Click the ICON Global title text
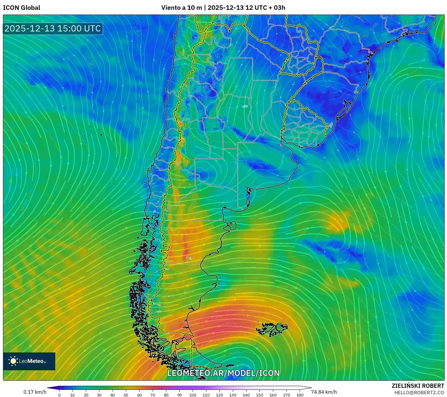(x=21, y=8)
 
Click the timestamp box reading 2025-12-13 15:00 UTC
(x=53, y=29)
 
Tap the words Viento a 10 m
(x=181, y=8)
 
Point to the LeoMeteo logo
(x=29, y=361)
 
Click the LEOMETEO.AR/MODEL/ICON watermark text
(x=223, y=373)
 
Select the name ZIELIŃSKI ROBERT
(x=418, y=386)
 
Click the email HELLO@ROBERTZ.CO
(x=419, y=393)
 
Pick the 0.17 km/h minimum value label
(x=35, y=392)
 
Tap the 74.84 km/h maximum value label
(x=324, y=392)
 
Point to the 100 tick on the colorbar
(x=193, y=395)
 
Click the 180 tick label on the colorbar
(x=300, y=395)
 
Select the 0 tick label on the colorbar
(x=59, y=395)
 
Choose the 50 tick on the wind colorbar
(x=126, y=395)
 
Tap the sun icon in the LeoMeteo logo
(x=13, y=361)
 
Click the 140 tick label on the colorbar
(x=246, y=395)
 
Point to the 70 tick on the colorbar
(x=153, y=395)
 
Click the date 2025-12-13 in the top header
(x=226, y=8)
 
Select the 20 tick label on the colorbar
(x=86, y=395)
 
